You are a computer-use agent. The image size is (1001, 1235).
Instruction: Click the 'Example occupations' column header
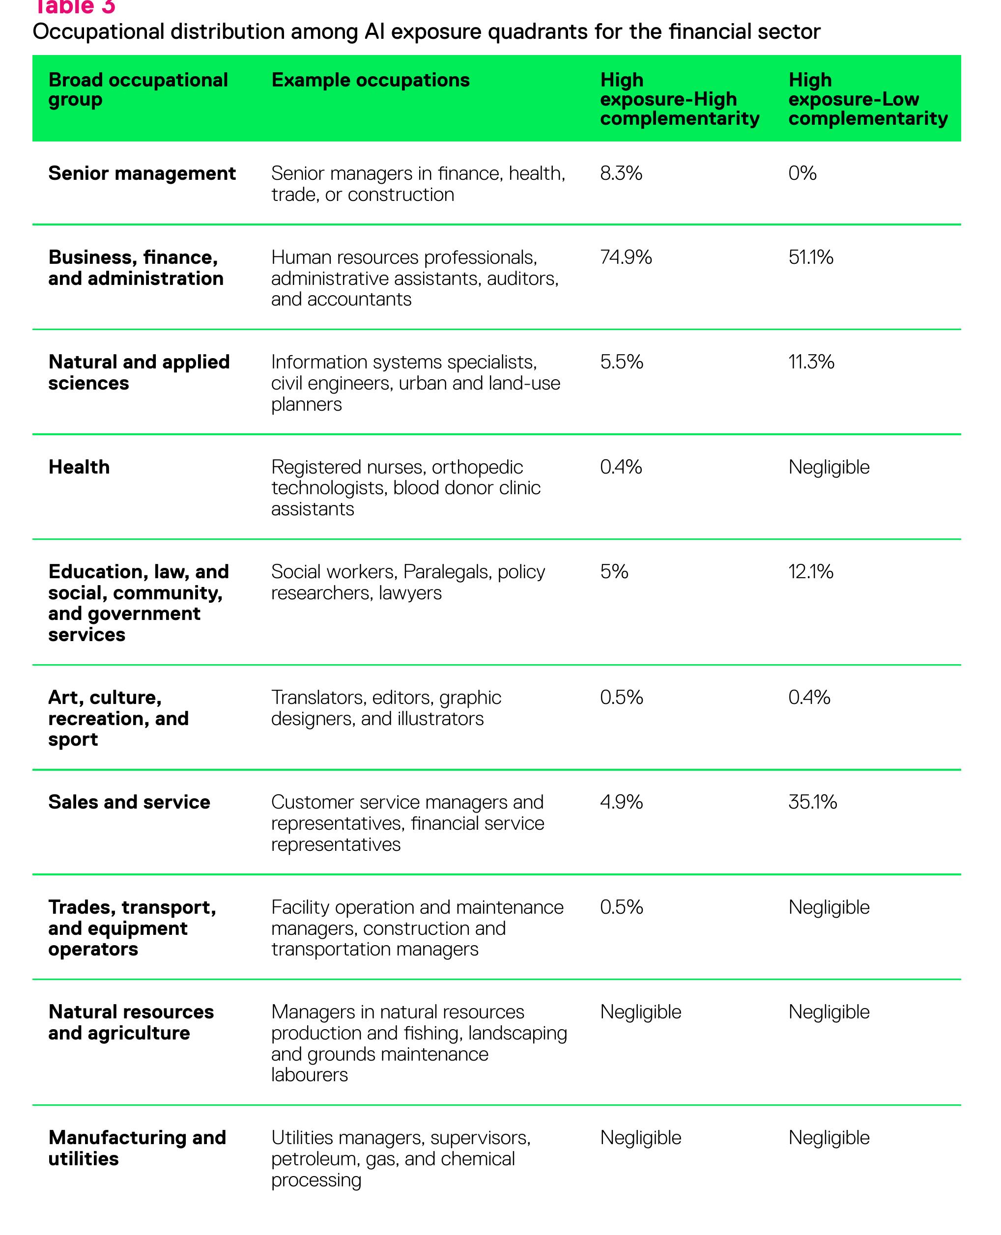click(x=370, y=80)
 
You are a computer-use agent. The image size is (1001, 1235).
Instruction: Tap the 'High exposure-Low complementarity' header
click(x=868, y=99)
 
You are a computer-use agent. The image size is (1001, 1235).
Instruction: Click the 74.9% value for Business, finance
click(x=626, y=257)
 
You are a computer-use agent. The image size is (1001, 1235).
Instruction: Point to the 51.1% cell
click(x=811, y=257)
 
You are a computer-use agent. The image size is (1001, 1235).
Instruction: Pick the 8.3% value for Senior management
click(x=621, y=173)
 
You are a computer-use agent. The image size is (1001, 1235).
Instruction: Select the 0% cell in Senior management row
click(x=802, y=173)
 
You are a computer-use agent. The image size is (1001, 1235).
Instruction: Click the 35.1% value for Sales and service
click(x=812, y=802)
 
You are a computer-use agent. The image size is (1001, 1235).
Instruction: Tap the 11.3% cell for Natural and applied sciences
click(x=811, y=362)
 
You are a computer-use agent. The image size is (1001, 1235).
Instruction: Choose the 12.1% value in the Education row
click(x=811, y=572)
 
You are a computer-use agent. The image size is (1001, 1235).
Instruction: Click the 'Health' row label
click(x=79, y=467)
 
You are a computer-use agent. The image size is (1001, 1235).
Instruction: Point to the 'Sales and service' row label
click(x=129, y=802)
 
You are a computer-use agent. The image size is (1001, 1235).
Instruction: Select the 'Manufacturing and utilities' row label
click(x=137, y=1148)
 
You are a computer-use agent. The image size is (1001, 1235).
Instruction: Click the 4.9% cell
click(x=622, y=802)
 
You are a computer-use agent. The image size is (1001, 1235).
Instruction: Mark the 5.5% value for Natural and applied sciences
click(x=622, y=362)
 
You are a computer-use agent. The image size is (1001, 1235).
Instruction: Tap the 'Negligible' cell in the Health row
click(x=829, y=467)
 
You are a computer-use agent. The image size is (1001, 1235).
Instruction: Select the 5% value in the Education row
click(x=614, y=572)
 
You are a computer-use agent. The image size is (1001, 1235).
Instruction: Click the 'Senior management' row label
click(x=142, y=173)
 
